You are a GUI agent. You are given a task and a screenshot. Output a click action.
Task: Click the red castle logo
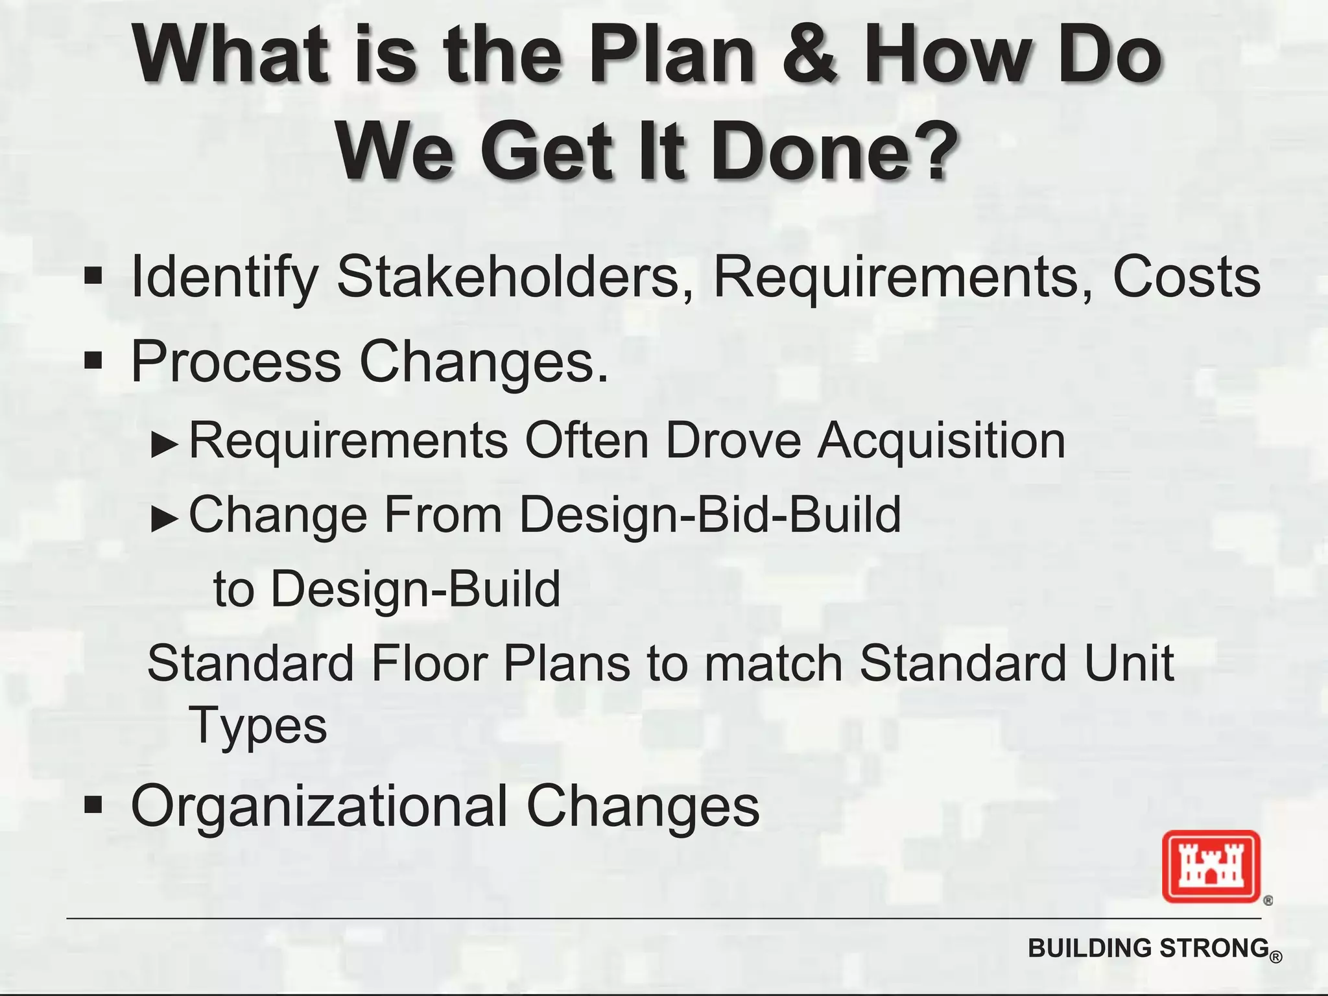pyautogui.click(x=1211, y=866)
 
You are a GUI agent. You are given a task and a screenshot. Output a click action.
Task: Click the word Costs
pyautogui.click(x=1187, y=277)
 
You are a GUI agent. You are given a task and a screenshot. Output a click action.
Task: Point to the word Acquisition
pyautogui.click(x=942, y=441)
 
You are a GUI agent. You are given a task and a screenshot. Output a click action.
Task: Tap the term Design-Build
pyautogui.click(x=415, y=589)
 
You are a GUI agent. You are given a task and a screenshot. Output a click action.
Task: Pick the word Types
pyautogui.click(x=258, y=726)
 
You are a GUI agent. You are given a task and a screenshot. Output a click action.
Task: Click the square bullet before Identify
pyautogui.click(x=93, y=277)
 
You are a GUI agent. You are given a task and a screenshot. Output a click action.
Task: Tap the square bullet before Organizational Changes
pyautogui.click(x=93, y=806)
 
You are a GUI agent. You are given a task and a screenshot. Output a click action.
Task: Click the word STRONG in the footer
pyautogui.click(x=1213, y=948)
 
